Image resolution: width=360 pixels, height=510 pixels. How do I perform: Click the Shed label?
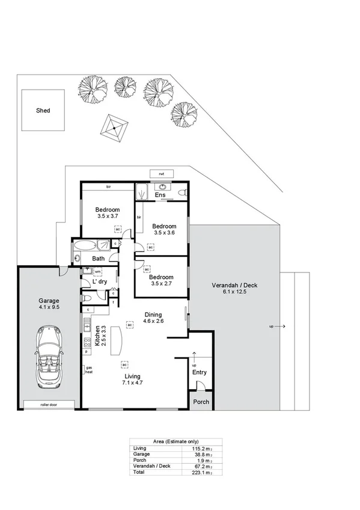[43, 111]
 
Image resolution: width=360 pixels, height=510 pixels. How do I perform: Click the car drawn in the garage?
[48, 356]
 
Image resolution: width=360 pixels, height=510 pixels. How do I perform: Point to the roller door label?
[49, 404]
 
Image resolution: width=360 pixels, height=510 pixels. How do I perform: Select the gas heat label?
[88, 369]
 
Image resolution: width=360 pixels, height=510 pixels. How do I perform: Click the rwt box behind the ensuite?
[161, 174]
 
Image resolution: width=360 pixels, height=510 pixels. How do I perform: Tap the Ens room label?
[160, 195]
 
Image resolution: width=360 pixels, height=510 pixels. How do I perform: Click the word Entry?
[199, 373]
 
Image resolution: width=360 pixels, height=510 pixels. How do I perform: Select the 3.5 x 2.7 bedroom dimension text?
[160, 283]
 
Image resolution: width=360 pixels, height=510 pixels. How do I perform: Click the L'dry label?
[99, 281]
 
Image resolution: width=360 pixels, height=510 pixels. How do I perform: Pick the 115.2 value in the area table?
[199, 448]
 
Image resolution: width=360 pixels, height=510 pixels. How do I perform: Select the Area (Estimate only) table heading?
[176, 441]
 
